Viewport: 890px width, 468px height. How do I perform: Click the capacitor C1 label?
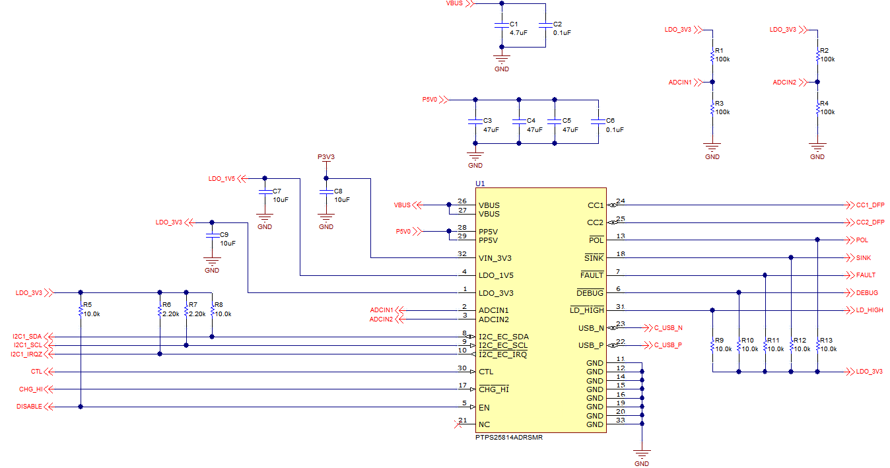pos(514,24)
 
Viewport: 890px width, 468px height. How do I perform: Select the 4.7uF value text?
pos(518,32)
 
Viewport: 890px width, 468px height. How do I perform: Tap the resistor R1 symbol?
pos(712,57)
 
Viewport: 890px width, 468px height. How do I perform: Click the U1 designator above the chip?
pos(480,183)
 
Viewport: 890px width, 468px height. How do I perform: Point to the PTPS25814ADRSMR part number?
pos(509,437)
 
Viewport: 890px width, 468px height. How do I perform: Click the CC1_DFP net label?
pos(870,205)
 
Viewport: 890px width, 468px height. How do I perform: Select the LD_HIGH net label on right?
pos(870,310)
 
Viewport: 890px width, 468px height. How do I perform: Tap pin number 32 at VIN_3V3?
pos(462,253)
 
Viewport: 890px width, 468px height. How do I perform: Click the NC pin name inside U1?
pos(484,424)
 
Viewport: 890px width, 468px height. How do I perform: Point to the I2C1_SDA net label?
pos(26,337)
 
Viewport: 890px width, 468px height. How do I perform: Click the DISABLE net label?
pos(29,407)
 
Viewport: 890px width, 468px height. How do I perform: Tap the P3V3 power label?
pos(326,157)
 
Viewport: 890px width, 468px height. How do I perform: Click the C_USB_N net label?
pos(668,327)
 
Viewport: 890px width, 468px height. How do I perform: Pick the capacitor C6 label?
pos(610,121)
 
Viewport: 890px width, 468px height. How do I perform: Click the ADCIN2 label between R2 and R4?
pos(784,83)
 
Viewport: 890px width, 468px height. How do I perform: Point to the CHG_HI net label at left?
pos(30,389)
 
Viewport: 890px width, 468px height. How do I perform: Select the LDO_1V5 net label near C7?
pos(221,178)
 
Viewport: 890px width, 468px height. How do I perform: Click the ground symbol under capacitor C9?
pos(211,262)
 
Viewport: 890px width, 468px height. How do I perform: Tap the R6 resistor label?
pos(166,305)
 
